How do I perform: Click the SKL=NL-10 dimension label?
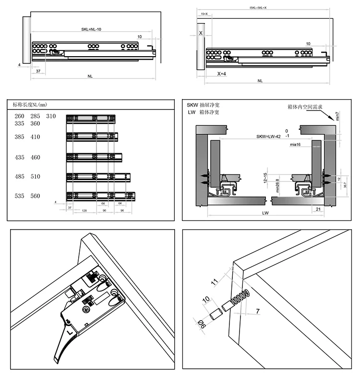pyautogui.click(x=88, y=29)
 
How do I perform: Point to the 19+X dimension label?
pyautogui.click(x=204, y=15)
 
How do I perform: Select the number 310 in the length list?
pyautogui.click(x=51, y=117)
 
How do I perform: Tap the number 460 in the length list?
pyautogui.click(x=36, y=158)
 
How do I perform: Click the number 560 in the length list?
pyautogui.click(x=36, y=196)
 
